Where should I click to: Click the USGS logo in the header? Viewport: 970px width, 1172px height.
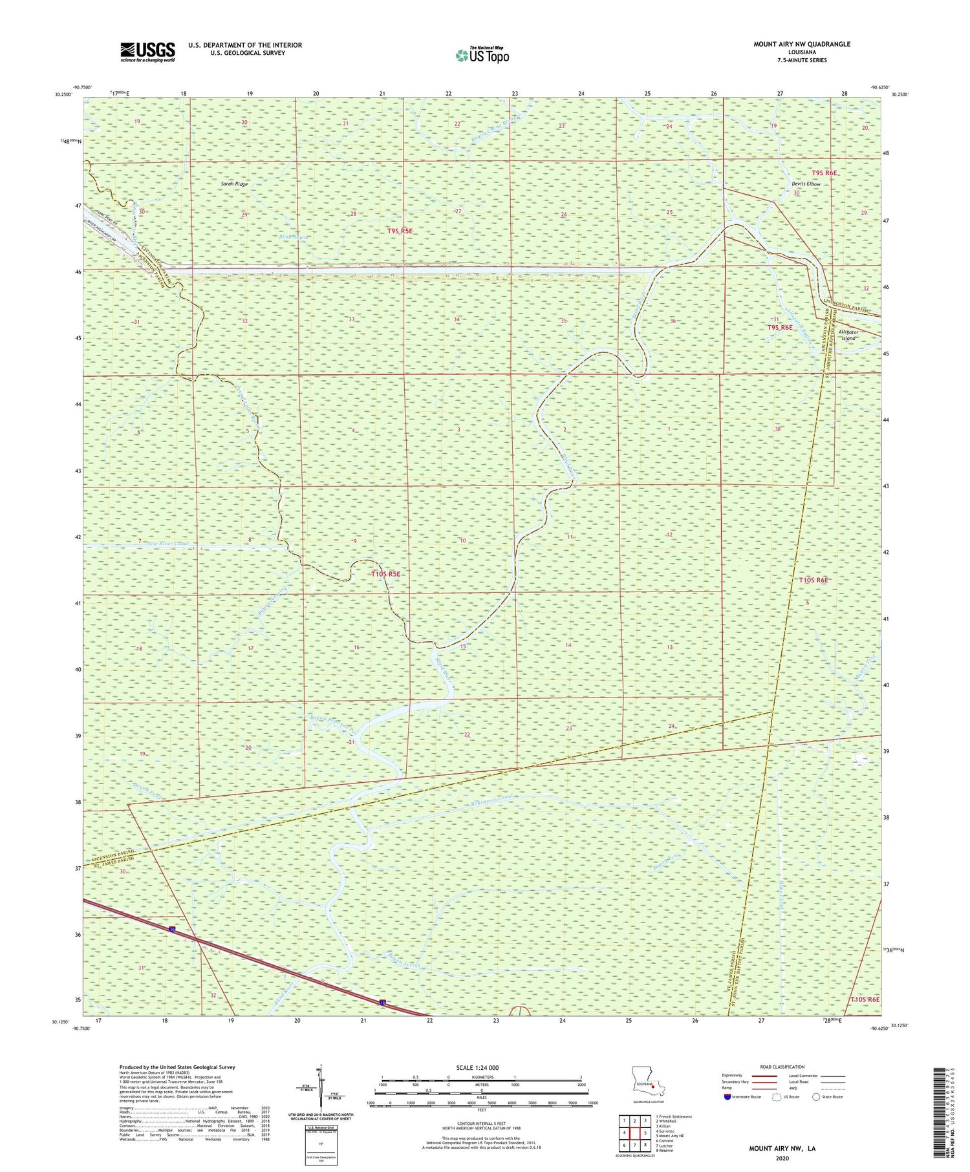147,52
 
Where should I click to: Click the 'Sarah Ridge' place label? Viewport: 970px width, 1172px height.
234,184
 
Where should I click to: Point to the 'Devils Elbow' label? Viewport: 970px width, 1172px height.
806,184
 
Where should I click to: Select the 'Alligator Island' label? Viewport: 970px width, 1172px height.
848,335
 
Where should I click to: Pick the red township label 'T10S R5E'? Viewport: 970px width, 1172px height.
386,574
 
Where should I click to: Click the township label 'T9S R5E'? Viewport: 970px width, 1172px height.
400,231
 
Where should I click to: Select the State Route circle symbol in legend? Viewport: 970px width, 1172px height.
817,1097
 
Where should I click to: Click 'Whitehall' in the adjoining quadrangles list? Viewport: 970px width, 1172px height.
672,1121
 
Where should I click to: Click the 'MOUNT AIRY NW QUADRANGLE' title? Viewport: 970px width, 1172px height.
801,44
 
